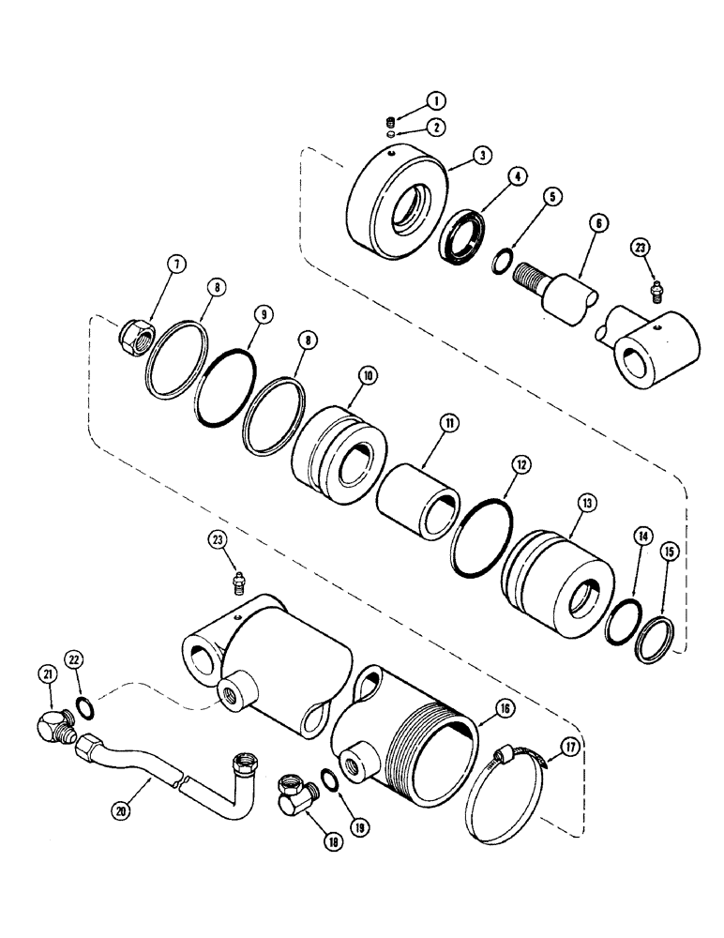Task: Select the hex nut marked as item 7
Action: click(132, 330)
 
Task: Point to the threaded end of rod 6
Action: click(529, 272)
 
